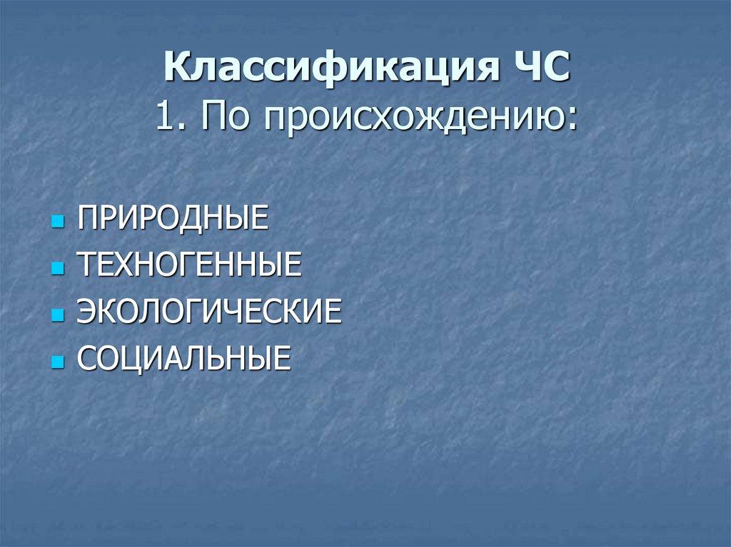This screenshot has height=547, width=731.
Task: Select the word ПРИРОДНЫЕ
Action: pyautogui.click(x=173, y=218)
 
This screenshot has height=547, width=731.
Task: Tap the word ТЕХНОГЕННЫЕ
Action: pyautogui.click(x=188, y=265)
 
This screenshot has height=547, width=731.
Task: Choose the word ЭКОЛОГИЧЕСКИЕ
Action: pyautogui.click(x=208, y=312)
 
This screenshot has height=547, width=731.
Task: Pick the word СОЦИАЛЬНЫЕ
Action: pyautogui.click(x=184, y=358)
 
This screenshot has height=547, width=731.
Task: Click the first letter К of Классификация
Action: pyautogui.click(x=176, y=71)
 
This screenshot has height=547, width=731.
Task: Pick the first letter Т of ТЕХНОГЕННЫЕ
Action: pyautogui.click(x=85, y=265)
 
